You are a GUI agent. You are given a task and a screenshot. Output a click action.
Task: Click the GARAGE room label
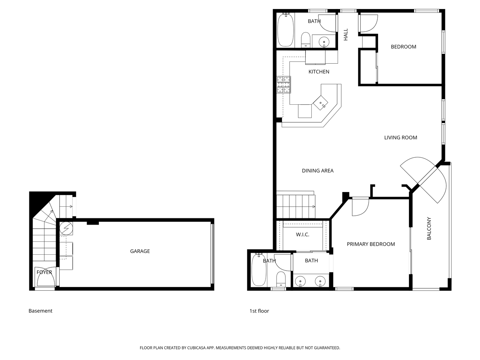[140, 251]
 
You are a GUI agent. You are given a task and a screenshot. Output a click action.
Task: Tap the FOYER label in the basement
[44, 272]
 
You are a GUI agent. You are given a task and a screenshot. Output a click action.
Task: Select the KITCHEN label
[319, 72]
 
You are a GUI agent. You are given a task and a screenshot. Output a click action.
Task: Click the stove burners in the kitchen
[284, 85]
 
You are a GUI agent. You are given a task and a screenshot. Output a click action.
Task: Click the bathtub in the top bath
[285, 30]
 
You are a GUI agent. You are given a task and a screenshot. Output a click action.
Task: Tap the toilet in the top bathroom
[306, 40]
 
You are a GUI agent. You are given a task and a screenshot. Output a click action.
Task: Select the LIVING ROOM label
[400, 137]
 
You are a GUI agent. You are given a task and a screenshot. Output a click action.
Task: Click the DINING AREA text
[317, 171]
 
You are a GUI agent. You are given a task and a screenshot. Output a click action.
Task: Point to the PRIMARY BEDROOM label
[371, 244]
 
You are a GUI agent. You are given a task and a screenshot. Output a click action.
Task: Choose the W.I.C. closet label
[302, 235]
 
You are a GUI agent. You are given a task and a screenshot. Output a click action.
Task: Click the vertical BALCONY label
[429, 228]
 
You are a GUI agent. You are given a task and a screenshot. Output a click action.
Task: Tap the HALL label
[346, 34]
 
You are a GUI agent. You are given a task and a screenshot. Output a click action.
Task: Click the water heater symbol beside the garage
[66, 228]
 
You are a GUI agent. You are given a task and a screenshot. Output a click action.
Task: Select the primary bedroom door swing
[360, 207]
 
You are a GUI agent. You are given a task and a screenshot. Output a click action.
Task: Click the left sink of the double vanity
[301, 281]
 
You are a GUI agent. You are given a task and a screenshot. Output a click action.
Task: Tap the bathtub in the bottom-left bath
[259, 270]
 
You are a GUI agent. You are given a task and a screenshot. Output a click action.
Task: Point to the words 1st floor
[259, 311]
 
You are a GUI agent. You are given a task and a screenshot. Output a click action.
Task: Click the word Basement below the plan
[40, 311]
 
